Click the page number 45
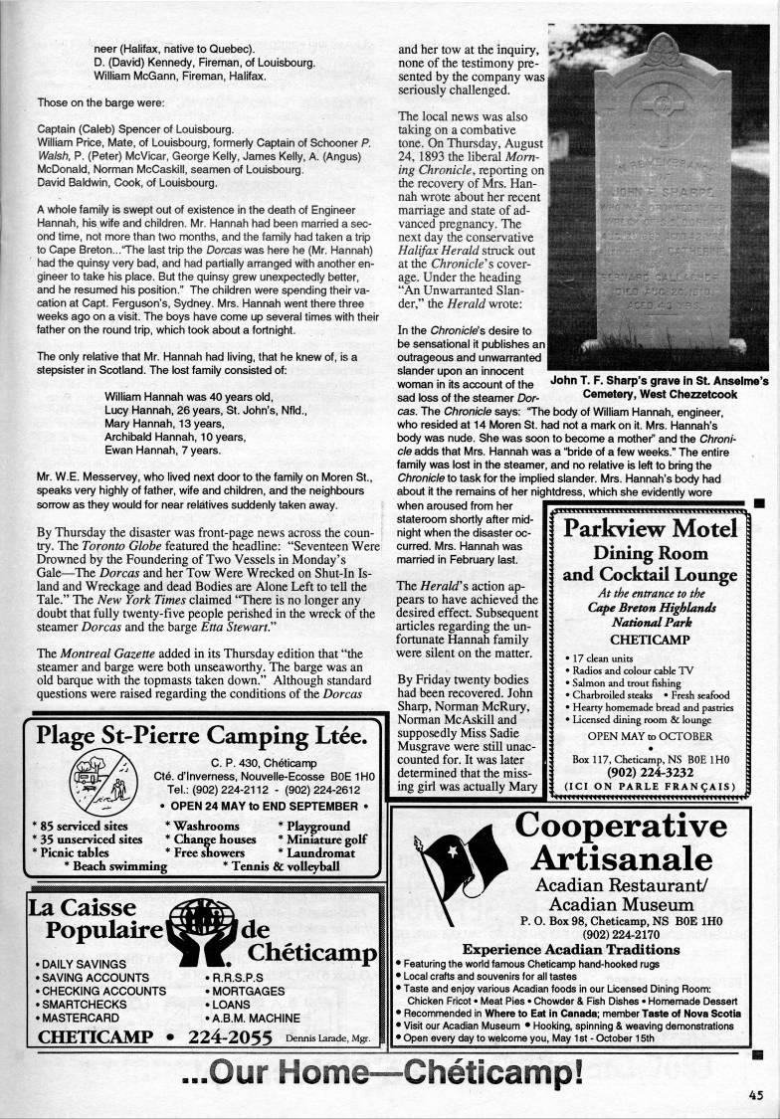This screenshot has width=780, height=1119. tap(757, 1095)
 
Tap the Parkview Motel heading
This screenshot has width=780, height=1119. tap(650, 527)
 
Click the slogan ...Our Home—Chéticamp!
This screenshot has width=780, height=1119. tap(381, 1075)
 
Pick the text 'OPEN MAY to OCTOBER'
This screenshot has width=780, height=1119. tap(650, 736)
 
